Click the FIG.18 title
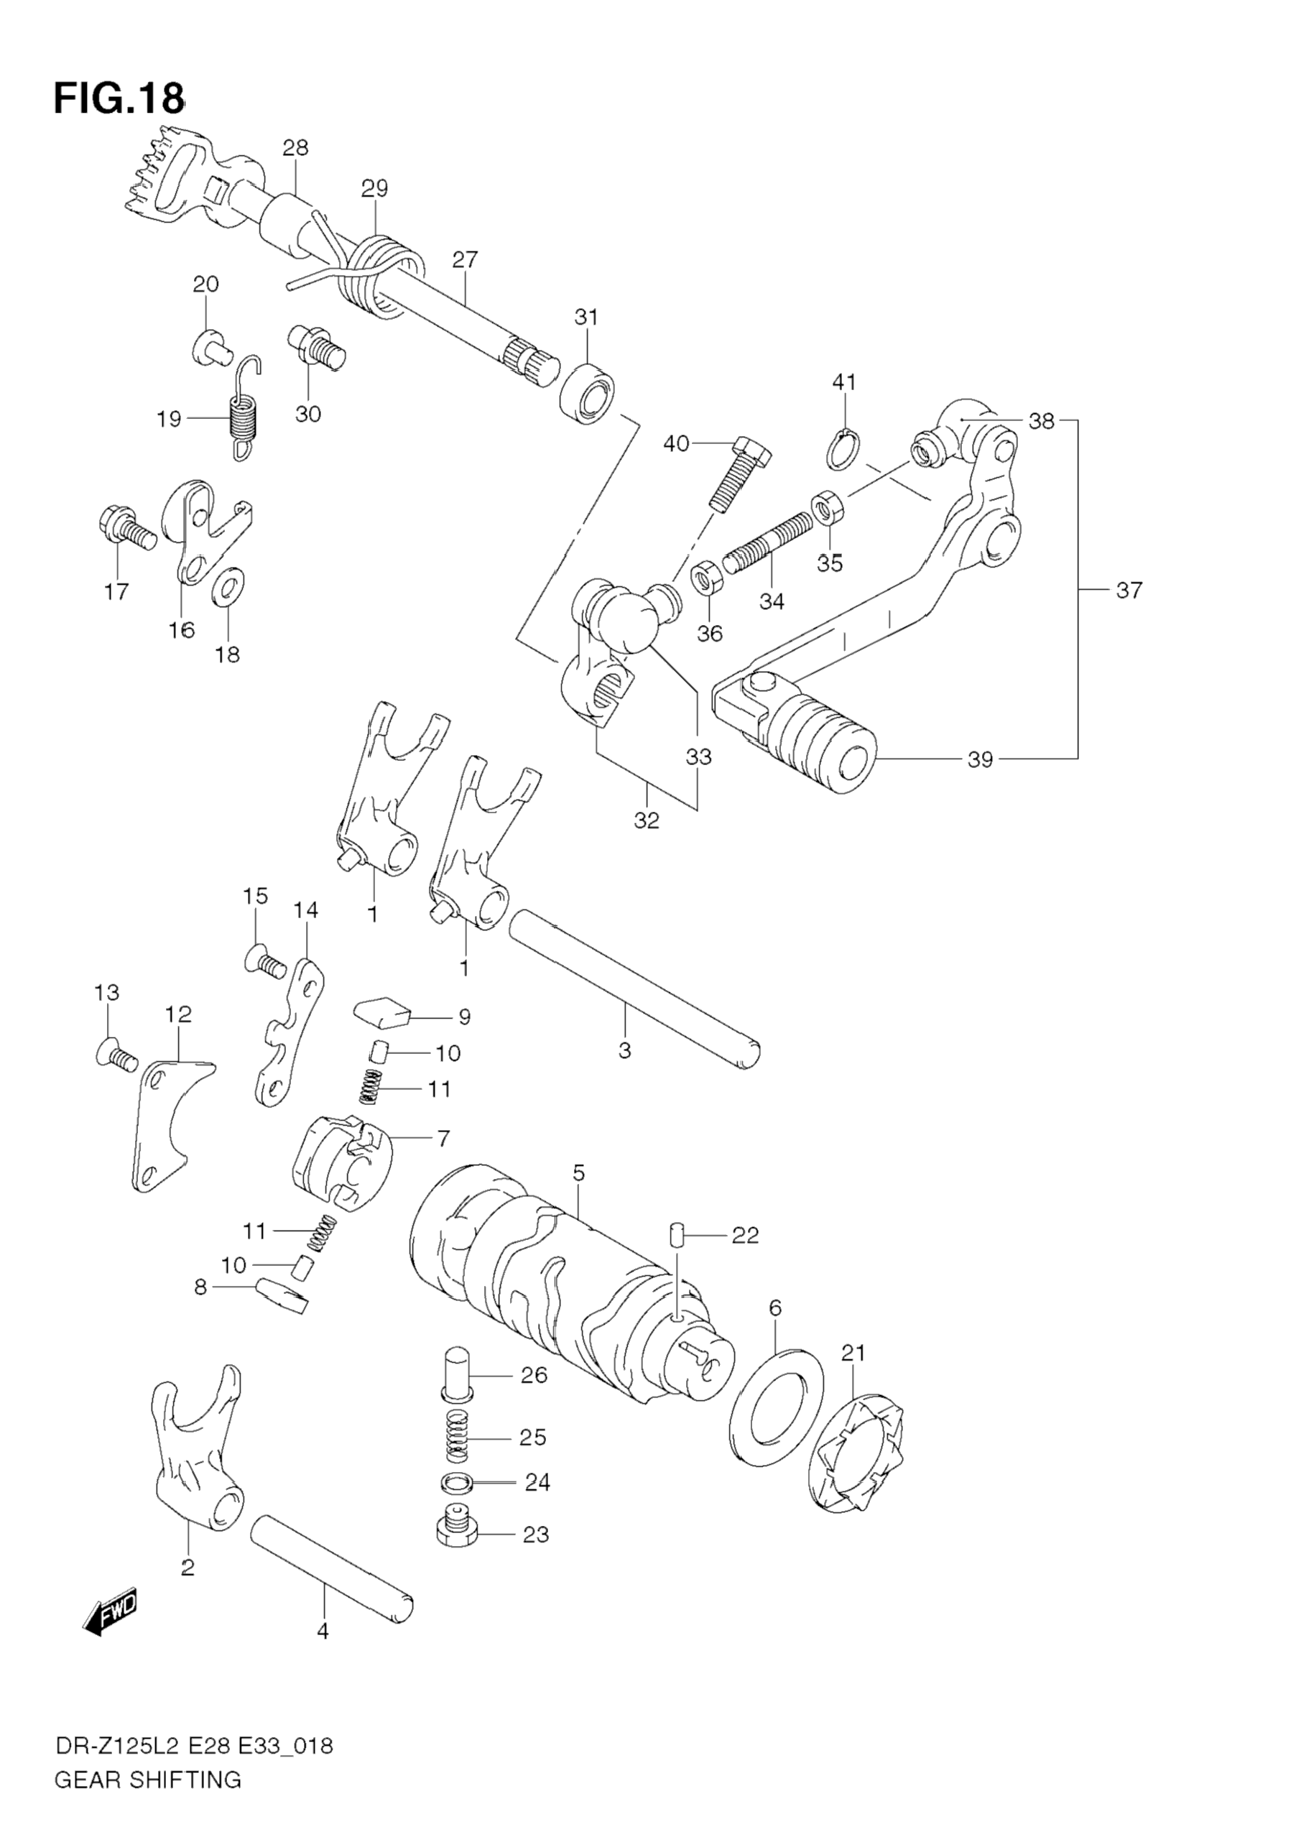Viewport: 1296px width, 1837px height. pyautogui.click(x=119, y=99)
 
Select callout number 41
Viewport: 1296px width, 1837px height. pyautogui.click(x=844, y=382)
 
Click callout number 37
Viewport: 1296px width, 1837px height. pyautogui.click(x=1128, y=591)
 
